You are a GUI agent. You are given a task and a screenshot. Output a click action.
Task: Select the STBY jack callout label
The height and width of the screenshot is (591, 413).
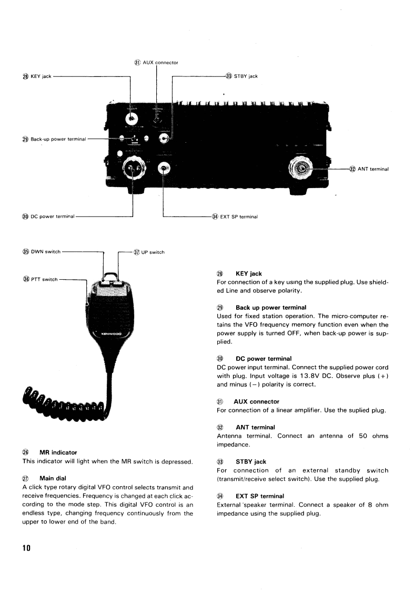(x=245, y=76)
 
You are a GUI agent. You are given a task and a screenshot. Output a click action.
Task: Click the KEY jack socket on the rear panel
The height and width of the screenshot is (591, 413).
(x=130, y=119)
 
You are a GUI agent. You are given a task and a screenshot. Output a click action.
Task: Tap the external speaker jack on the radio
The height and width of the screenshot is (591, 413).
(x=165, y=169)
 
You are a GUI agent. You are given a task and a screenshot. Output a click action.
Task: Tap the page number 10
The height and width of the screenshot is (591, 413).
(x=26, y=548)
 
